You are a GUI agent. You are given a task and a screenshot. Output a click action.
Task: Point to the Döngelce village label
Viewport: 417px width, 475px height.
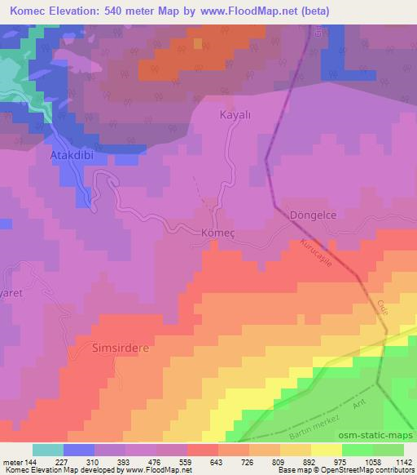coord(314,215)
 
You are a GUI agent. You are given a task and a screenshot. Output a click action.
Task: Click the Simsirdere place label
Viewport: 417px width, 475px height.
coord(120,347)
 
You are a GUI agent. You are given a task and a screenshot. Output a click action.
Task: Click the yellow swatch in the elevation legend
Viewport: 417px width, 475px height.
coord(327,450)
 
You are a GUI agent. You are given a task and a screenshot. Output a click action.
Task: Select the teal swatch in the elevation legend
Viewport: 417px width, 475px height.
coord(48,450)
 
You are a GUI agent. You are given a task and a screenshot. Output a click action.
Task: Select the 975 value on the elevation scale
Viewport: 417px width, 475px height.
coord(327,461)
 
